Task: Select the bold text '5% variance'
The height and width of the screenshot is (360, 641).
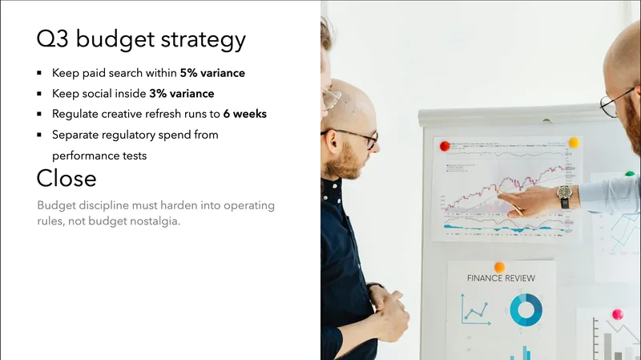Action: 212,73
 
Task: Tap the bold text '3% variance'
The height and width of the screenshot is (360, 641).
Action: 181,94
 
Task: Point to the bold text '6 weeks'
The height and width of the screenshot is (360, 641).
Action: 244,114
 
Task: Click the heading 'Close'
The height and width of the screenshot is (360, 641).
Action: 66,178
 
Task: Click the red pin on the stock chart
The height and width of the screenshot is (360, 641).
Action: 445,146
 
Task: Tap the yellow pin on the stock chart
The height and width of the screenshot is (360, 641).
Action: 573,143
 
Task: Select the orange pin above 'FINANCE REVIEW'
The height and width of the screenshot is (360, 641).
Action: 499,267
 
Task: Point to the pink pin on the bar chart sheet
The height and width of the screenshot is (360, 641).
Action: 617,314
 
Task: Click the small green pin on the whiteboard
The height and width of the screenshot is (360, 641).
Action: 629,173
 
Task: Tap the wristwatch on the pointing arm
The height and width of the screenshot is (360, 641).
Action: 564,193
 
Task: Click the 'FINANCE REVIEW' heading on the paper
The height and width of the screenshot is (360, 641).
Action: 501,278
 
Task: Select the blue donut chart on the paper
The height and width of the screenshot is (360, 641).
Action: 526,310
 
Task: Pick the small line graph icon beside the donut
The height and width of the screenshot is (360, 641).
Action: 475,309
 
